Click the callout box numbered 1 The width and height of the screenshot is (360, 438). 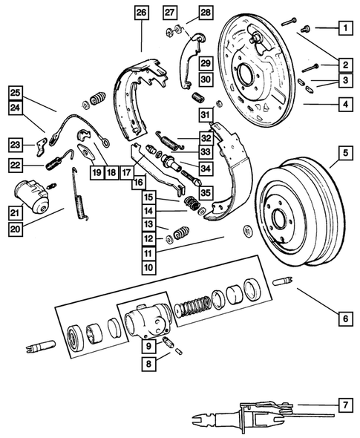pos(344,29)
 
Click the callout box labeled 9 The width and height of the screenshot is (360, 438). pos(148,345)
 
